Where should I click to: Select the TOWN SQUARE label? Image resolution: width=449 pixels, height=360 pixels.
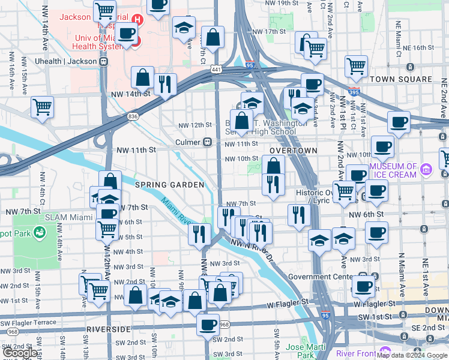[x=401, y=79]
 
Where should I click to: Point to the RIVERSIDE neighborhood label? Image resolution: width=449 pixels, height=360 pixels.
[x=109, y=329]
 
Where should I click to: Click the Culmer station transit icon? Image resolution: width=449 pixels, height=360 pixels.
[x=206, y=142]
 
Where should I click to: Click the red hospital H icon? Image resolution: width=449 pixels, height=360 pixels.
[x=137, y=19]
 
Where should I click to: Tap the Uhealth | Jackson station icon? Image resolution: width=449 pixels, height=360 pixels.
[x=104, y=61]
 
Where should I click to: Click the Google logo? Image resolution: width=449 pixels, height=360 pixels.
[x=20, y=353]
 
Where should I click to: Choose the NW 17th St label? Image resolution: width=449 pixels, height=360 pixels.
[x=268, y=31]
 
